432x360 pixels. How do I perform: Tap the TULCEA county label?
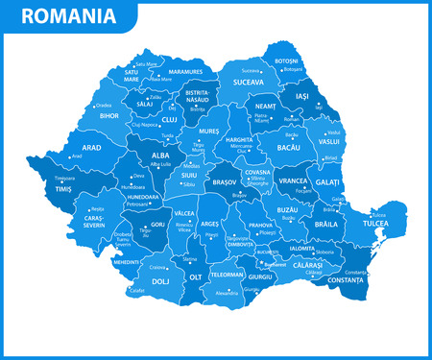tap(375, 223)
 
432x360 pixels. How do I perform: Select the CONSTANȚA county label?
tap(347, 279)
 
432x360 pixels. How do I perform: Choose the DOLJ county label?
tap(133, 282)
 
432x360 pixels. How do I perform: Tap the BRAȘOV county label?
tap(225, 180)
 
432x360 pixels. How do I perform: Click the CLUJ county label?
tap(169, 120)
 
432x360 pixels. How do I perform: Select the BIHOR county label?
tap(108, 115)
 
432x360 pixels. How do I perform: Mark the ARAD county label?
tap(91, 148)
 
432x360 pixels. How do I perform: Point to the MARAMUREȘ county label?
tap(184, 71)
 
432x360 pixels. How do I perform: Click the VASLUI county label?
tap(329, 141)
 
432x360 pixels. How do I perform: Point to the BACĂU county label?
tap(288, 148)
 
